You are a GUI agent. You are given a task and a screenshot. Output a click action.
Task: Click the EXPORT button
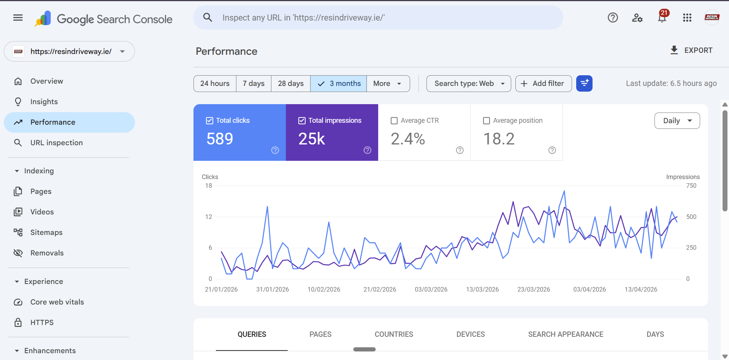691,50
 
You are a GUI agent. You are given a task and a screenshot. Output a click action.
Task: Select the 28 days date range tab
290,84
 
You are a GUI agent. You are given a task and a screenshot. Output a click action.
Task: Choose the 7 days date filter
254,84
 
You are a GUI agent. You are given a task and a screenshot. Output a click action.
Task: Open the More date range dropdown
388,84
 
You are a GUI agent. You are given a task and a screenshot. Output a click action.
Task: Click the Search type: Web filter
469,84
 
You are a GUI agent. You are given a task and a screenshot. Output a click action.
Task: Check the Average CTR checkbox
394,121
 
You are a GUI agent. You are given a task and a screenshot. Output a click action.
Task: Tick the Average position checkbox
487,121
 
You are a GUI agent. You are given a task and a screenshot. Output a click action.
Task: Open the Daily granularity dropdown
677,121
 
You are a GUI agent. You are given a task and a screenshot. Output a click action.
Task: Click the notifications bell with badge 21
662,17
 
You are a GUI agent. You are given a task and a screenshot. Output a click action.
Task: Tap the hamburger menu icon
18,17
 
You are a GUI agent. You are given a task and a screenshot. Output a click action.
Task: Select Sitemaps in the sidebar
46,232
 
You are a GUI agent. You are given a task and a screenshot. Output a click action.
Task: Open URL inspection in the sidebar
56,143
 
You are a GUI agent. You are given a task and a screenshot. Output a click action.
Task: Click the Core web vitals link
57,302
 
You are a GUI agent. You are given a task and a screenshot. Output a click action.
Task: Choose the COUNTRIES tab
394,334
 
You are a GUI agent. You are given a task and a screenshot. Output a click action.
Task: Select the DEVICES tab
471,334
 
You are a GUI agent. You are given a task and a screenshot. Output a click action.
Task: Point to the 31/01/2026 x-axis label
273,289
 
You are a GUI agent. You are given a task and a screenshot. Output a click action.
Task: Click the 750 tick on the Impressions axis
691,186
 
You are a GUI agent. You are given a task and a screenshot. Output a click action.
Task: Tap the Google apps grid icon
687,17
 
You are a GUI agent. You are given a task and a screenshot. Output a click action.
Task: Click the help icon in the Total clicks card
275,150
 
